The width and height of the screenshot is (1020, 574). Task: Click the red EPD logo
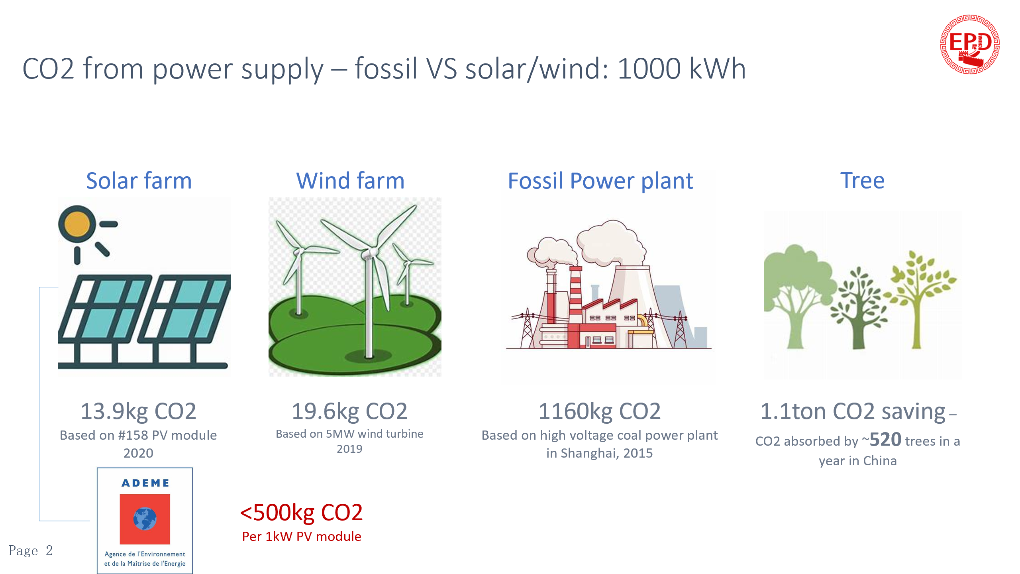(x=970, y=44)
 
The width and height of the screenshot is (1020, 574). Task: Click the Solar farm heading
(x=139, y=181)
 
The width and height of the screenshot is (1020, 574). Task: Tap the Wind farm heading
(x=350, y=181)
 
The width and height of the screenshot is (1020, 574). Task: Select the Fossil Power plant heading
(x=600, y=181)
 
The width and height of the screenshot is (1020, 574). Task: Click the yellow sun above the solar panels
(x=77, y=224)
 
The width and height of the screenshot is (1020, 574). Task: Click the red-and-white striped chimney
(x=575, y=295)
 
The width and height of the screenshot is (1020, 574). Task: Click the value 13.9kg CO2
(x=138, y=411)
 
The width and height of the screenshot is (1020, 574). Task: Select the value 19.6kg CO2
(x=349, y=411)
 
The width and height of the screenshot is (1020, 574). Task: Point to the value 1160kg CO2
(x=600, y=411)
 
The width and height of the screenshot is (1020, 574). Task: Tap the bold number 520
(x=885, y=440)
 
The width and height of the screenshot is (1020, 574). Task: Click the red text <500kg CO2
(x=301, y=512)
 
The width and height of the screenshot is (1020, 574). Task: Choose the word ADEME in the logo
(x=145, y=483)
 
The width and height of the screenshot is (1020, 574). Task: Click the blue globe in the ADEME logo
(x=145, y=519)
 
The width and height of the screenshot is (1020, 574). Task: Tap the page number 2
(x=49, y=550)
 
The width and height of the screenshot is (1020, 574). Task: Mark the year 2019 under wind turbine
(x=349, y=449)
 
